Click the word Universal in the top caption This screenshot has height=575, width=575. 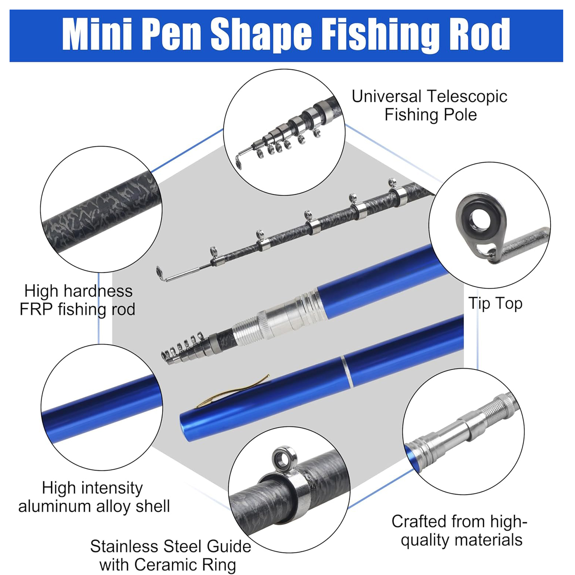(386, 96)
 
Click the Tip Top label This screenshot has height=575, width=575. (495, 303)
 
